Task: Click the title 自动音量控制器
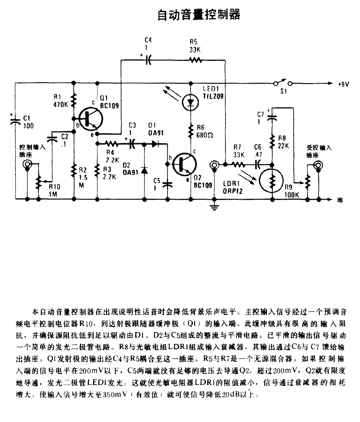point(199,15)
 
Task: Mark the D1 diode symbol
point(155,144)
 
